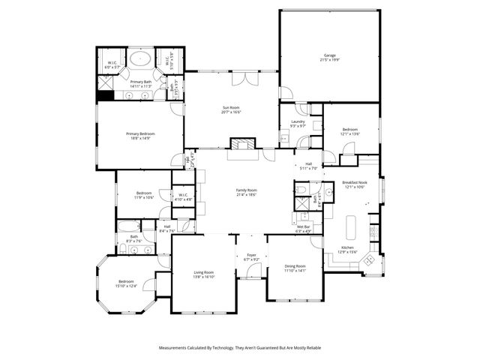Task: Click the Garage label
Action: pos(329,55)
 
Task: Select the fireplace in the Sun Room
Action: pos(241,144)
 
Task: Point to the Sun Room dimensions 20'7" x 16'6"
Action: pos(231,112)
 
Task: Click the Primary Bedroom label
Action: pos(140,133)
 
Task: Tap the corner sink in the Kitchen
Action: pos(367,262)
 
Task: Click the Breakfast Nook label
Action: pos(354,182)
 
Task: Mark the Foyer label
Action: pos(251,255)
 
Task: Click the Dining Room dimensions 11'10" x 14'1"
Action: pos(295,271)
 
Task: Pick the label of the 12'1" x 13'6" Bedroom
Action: pos(350,130)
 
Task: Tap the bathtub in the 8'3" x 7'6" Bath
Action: pos(130,226)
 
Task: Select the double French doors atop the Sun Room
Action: pos(244,79)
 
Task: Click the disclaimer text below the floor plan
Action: pos(239,348)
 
